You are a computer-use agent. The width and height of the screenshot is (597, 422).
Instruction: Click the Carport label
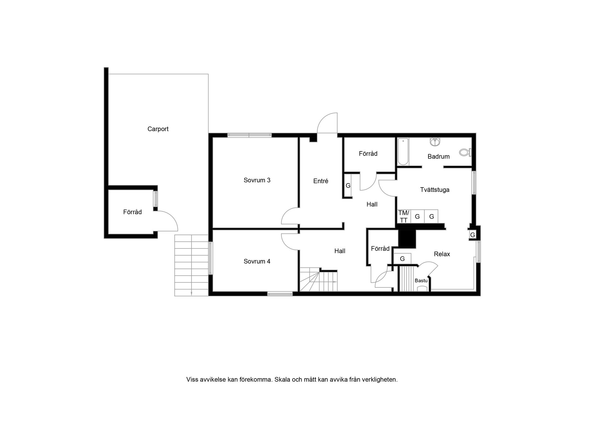[158, 129]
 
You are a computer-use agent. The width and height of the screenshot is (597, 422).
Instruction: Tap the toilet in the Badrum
[465, 152]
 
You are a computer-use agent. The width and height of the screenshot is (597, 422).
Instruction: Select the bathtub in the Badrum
[403, 151]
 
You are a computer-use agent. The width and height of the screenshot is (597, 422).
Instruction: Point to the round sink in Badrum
[435, 142]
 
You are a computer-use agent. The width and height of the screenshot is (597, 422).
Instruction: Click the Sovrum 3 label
[257, 180]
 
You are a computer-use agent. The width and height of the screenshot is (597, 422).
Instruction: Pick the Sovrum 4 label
[257, 261]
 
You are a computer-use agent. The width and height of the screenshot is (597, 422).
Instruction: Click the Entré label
[321, 181]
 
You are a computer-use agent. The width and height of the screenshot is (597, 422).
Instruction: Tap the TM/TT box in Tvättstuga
[404, 216]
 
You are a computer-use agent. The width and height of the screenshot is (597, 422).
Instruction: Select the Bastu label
[421, 281]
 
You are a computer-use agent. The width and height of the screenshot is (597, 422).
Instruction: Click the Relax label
[442, 254]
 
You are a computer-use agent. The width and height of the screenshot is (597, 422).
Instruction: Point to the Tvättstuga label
[434, 190]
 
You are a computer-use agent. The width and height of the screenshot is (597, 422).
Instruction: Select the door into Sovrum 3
[290, 216]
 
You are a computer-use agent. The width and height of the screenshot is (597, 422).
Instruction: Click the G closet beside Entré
[348, 186]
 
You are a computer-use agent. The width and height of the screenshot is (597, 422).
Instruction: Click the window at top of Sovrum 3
[249, 135]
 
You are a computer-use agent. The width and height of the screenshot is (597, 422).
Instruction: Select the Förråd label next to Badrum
[368, 154]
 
